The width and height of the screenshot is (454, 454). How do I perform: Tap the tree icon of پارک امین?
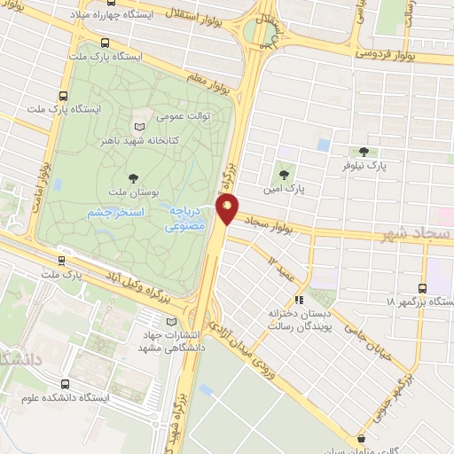click(x=284, y=175)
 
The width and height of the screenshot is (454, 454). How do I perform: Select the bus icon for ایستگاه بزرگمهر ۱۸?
click(x=422, y=288)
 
